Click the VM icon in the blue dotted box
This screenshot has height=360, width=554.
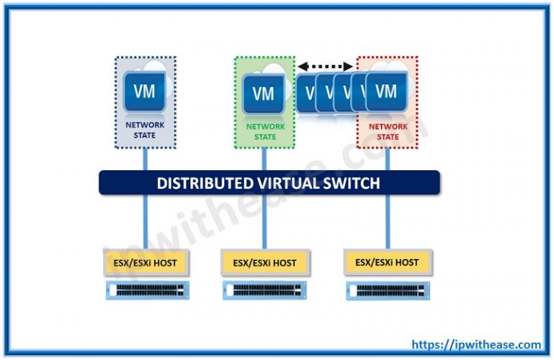(x=144, y=92)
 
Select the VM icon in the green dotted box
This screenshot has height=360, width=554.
(x=263, y=94)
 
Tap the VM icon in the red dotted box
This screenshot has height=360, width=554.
(x=386, y=92)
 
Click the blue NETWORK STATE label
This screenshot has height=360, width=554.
(x=145, y=130)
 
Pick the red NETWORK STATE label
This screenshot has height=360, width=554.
(x=387, y=131)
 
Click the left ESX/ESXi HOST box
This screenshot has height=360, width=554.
(x=146, y=263)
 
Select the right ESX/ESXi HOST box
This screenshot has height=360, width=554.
(x=387, y=261)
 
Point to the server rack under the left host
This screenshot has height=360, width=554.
(x=146, y=290)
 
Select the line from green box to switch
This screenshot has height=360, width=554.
(x=264, y=159)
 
